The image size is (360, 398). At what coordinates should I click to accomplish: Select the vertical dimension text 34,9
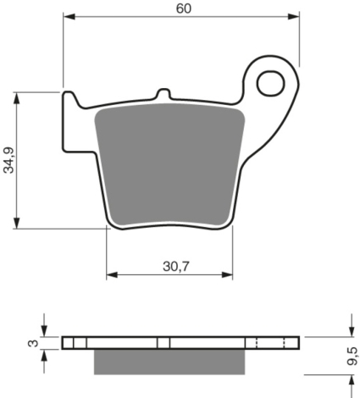pos(8,158)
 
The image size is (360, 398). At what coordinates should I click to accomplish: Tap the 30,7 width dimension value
pos(170,265)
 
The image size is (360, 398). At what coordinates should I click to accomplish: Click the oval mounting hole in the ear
pos(273,83)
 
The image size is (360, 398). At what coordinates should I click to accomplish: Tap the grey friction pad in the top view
pos(169,165)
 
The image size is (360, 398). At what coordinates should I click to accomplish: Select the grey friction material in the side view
pos(169,362)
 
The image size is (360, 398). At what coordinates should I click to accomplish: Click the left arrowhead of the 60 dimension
pos(69,16)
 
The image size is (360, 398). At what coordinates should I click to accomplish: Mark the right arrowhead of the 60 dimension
pos(296,16)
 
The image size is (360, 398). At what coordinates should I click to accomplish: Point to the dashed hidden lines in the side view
pos(269,342)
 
